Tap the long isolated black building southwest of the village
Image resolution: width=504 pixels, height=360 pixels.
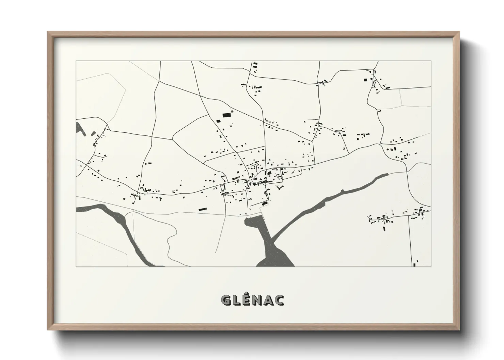tap(203, 209)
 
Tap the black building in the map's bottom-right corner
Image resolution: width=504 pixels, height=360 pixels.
tap(415, 263)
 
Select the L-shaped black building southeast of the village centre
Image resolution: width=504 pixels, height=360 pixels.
tap(280, 187)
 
